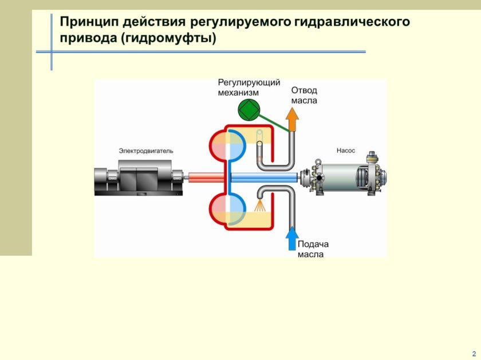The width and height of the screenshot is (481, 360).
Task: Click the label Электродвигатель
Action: click(x=145, y=151)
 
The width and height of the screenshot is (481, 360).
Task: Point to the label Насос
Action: click(x=346, y=151)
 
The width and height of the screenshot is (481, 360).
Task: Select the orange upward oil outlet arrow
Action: click(x=292, y=120)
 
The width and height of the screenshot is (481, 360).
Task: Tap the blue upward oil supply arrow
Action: click(x=292, y=238)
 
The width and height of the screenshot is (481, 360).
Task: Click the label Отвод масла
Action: click(x=304, y=95)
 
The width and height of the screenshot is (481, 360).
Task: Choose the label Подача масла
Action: click(x=313, y=249)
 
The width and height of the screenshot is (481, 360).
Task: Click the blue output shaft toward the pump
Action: click(x=263, y=178)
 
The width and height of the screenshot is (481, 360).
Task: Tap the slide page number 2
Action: click(x=473, y=353)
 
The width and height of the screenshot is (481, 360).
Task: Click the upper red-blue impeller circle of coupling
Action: click(x=228, y=147)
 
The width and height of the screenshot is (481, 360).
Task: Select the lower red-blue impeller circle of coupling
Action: click(x=228, y=209)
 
